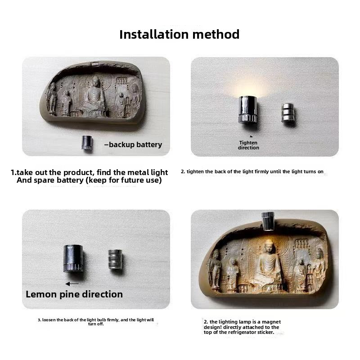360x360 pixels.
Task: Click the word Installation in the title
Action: coord(154,35)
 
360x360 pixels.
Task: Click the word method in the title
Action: coord(216,35)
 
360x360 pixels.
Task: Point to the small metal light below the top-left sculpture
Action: coord(87,143)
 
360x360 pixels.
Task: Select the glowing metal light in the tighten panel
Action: coord(247,110)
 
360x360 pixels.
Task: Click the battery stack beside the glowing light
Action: coord(288,113)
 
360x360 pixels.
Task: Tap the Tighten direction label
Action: coord(248,145)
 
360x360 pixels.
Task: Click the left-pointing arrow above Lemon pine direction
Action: coord(72,284)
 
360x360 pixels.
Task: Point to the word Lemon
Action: coord(41,294)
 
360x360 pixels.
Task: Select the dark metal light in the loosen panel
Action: coord(73,258)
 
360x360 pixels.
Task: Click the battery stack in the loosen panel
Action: coord(115,259)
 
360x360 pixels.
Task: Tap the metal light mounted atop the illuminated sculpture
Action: coord(268,221)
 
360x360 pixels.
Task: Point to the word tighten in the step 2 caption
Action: coord(195,172)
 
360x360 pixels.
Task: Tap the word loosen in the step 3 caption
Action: coord(49,320)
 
